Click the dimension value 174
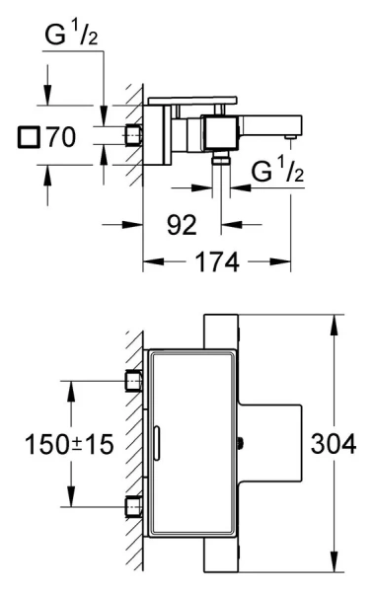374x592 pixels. click(217, 261)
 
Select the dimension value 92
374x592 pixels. click(182, 225)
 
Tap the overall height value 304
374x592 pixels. click(334, 444)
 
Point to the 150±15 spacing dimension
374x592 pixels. click(69, 444)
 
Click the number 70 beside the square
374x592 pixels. click(61, 137)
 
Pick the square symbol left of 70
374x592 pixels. click(29, 137)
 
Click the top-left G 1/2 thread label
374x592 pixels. click(71, 34)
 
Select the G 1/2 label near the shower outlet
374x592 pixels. click(277, 170)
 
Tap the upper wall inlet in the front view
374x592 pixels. click(134, 381)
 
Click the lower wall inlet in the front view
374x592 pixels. click(134, 507)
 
